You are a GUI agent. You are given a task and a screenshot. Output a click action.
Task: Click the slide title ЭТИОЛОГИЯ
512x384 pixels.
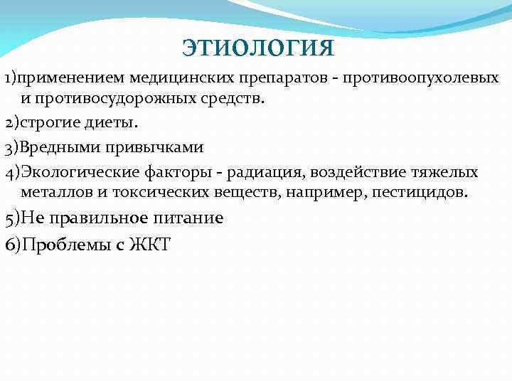click(x=257, y=48)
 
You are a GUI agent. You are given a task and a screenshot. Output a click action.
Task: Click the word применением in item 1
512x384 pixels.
click(x=68, y=76)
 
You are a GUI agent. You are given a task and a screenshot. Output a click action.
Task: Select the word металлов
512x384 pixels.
click(x=54, y=193)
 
